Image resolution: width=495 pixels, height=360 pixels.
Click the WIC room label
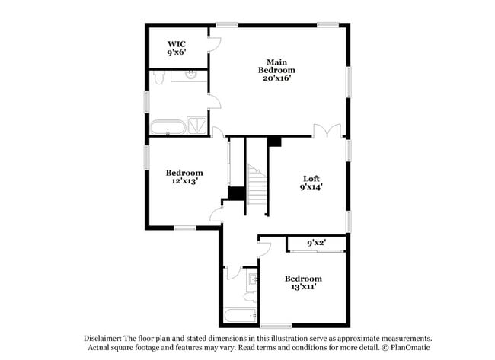coord(177,48)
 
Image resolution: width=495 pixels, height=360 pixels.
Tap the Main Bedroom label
coord(276,69)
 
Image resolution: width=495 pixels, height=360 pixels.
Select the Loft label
coord(311,182)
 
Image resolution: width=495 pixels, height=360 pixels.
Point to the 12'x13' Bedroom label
coord(185,177)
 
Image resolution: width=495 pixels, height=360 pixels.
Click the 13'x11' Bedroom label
coord(303,283)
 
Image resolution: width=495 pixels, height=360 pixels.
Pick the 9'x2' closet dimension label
coord(315,244)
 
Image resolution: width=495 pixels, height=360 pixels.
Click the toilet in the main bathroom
coord(159,78)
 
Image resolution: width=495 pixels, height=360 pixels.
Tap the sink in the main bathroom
coord(190,75)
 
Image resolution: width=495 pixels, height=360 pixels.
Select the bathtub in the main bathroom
coord(167,126)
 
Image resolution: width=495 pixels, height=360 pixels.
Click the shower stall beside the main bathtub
coord(196,126)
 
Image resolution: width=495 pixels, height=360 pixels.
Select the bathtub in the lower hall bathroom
coord(240,314)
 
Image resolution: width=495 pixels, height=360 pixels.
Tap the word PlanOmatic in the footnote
coord(413,348)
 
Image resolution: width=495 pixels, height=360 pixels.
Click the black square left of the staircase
coord(237,193)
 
